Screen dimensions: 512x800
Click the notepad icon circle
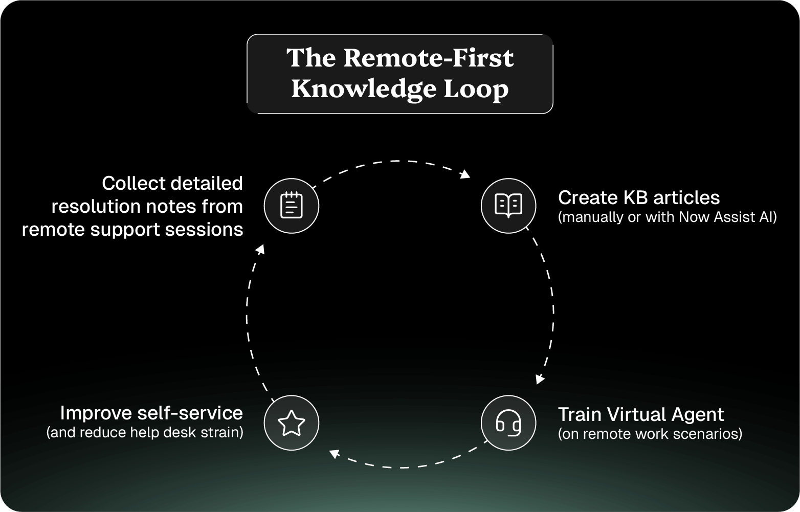point(291,206)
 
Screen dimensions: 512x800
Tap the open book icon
point(508,206)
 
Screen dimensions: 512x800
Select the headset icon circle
point(508,422)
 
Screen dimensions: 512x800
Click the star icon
point(291,423)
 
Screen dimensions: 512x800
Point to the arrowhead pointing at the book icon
point(465,174)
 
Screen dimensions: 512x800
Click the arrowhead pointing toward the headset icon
point(539,379)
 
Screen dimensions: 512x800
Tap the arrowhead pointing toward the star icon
point(334,453)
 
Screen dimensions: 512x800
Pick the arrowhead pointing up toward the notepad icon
point(260,249)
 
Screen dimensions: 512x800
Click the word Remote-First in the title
point(428,58)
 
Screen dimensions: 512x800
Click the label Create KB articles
point(638,197)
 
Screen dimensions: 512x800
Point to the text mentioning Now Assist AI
point(667,217)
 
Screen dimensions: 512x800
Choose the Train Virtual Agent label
point(640,414)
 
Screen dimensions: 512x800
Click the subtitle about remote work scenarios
point(650,434)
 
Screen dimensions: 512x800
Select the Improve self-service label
point(151,413)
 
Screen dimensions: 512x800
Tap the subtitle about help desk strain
point(145,433)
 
